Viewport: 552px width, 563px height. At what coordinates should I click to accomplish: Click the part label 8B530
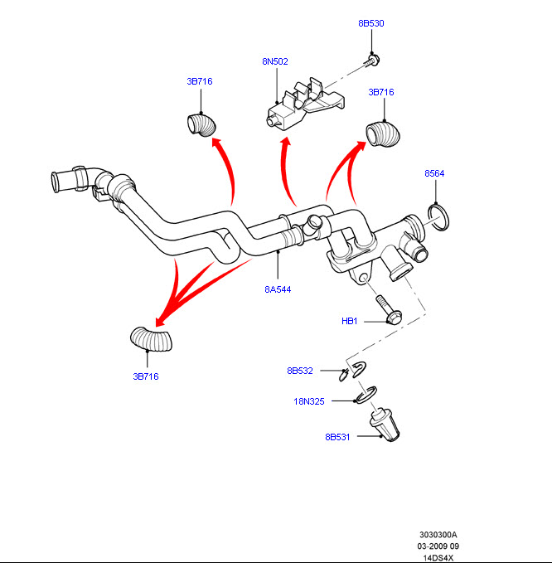(x=371, y=23)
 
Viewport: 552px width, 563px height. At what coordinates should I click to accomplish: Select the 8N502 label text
(x=275, y=61)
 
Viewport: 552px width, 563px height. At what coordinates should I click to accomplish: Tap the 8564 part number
(x=434, y=174)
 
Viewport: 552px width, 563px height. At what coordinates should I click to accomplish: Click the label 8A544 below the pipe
(x=278, y=289)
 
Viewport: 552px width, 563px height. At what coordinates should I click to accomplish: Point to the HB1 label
(x=349, y=321)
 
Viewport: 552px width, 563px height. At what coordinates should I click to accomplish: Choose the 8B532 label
(x=300, y=371)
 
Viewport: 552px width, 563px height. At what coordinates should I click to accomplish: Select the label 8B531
(x=338, y=436)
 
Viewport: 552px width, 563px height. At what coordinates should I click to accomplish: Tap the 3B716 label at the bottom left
(x=146, y=376)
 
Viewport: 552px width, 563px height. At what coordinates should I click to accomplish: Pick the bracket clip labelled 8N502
(x=303, y=106)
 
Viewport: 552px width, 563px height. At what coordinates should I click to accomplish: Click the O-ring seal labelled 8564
(x=441, y=216)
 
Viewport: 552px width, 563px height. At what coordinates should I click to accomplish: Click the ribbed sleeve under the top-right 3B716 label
(x=383, y=135)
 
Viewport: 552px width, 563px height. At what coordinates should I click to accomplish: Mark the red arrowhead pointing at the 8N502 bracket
(x=286, y=143)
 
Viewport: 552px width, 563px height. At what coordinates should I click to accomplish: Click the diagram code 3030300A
(x=438, y=535)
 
